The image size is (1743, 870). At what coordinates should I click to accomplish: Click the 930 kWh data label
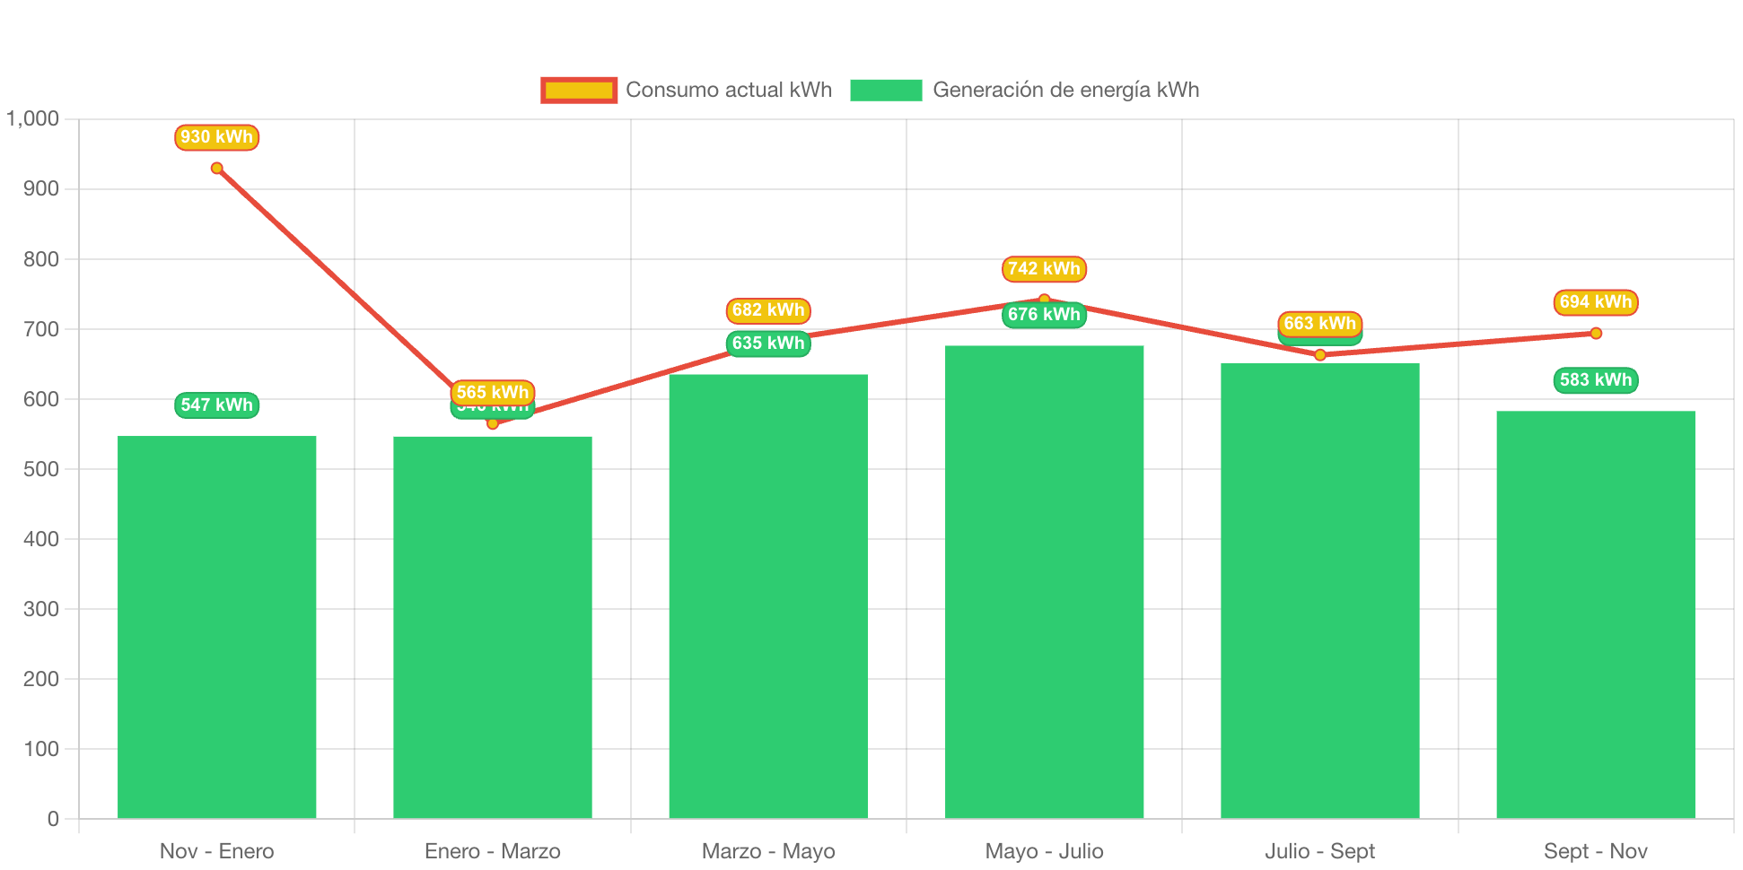click(216, 137)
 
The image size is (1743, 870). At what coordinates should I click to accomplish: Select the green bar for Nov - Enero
click(216, 627)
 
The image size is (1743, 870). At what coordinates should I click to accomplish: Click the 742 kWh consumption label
click(1044, 269)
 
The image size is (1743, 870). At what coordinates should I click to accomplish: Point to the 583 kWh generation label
click(1595, 380)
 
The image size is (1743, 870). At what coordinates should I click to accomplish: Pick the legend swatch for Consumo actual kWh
click(579, 90)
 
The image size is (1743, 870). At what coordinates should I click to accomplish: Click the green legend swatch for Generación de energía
click(886, 90)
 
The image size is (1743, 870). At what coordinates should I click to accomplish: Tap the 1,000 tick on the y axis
click(33, 118)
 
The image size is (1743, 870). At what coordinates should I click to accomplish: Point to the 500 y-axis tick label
click(40, 469)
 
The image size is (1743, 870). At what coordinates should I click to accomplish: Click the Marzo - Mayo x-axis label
click(768, 851)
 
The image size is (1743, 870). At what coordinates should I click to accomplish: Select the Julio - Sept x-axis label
click(1319, 851)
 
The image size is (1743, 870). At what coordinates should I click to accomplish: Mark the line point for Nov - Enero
click(216, 168)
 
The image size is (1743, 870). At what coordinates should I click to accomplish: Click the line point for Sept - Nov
click(1596, 334)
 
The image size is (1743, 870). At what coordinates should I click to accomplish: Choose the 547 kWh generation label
click(216, 405)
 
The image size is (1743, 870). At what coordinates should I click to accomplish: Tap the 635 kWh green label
click(768, 344)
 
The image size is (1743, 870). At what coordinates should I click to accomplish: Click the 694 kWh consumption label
click(1595, 302)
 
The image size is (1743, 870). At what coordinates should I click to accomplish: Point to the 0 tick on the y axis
click(53, 819)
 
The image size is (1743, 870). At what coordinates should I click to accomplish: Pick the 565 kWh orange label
click(492, 392)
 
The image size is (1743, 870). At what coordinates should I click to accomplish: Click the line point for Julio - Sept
click(1319, 355)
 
